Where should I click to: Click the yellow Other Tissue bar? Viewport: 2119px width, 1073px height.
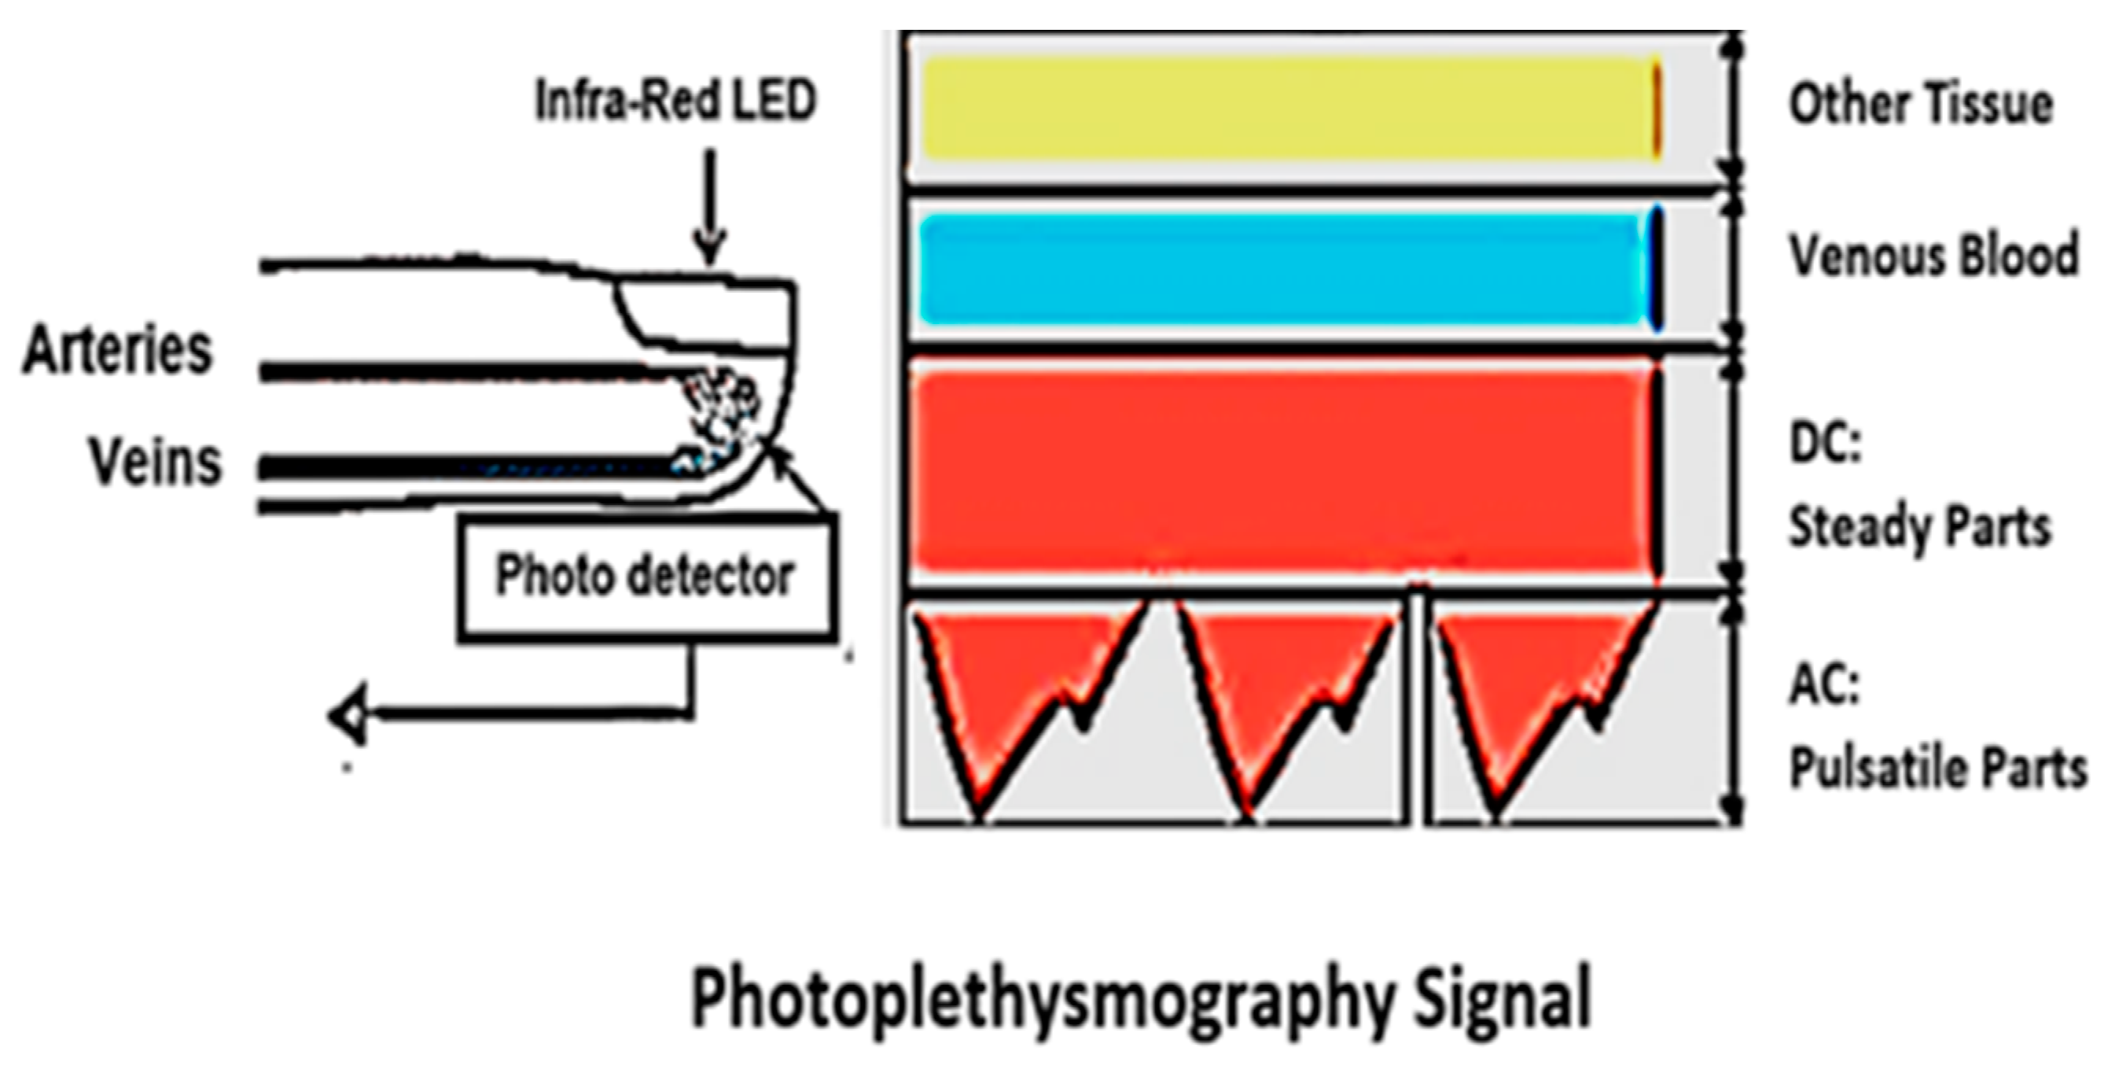(1287, 109)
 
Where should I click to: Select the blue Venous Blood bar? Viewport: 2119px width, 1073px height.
(1283, 269)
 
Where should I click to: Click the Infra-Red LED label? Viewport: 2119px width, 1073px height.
(675, 101)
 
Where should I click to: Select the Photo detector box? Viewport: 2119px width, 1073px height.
(646, 576)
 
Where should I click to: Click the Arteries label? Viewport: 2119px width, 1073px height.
(118, 351)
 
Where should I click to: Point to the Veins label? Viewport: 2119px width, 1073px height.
(156, 462)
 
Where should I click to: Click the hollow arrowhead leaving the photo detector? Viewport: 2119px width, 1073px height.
(347, 717)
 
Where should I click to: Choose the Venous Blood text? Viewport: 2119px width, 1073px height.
(1933, 255)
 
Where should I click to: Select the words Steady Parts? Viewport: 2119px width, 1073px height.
(1919, 527)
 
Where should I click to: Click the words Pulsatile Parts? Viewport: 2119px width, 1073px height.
(1937, 769)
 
